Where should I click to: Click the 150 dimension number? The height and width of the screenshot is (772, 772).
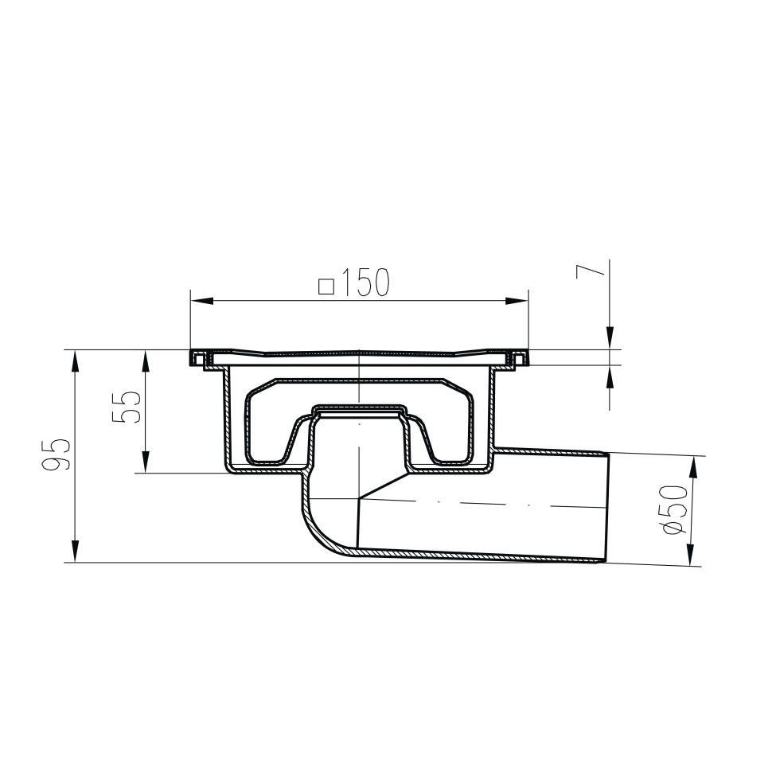[365, 283]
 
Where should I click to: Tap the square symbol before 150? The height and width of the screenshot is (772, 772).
[326, 286]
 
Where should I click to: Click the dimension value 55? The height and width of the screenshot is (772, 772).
[127, 407]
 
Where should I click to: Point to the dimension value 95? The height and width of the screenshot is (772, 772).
[56, 455]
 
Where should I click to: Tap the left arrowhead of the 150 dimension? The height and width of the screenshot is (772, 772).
[202, 301]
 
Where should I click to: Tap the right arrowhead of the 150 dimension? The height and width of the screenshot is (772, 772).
[517, 301]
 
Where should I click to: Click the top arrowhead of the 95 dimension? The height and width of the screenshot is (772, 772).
[75, 362]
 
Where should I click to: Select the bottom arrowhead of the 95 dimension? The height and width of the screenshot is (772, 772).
[75, 551]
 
